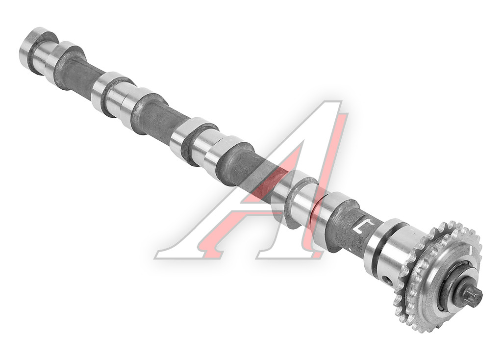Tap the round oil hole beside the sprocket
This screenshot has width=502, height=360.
click(389, 281)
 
